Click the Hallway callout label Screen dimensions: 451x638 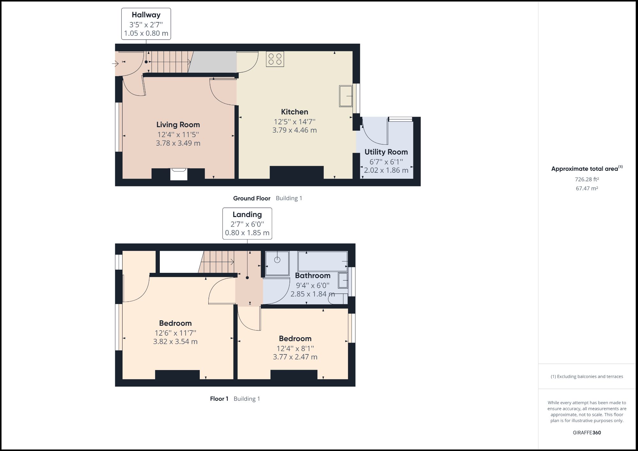pyautogui.click(x=146, y=15)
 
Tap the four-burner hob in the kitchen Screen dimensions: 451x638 pyautogui.click(x=275, y=59)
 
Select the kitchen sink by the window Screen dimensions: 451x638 pyautogui.click(x=345, y=96)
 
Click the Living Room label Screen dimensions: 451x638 pyautogui.click(x=178, y=125)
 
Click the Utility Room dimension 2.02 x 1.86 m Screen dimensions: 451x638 pyautogui.click(x=386, y=170)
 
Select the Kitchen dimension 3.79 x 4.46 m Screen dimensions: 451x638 pyautogui.click(x=294, y=130)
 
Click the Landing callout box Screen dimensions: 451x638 pyautogui.click(x=247, y=223)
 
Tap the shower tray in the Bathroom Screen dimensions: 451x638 pyautogui.click(x=277, y=263)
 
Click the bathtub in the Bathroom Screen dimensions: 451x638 pyautogui.click(x=322, y=261)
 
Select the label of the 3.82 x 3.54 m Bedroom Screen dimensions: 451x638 pyautogui.click(x=175, y=323)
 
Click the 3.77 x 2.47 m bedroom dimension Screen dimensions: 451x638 pyautogui.click(x=295, y=357)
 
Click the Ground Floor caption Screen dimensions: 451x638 pyautogui.click(x=252, y=198)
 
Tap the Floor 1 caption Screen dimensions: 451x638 pyautogui.click(x=219, y=399)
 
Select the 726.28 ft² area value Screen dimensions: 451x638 pyautogui.click(x=587, y=179)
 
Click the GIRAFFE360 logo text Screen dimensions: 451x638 pyautogui.click(x=587, y=433)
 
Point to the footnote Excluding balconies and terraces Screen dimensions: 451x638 pyautogui.click(x=587, y=376)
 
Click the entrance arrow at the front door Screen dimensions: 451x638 pyautogui.click(x=115, y=64)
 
